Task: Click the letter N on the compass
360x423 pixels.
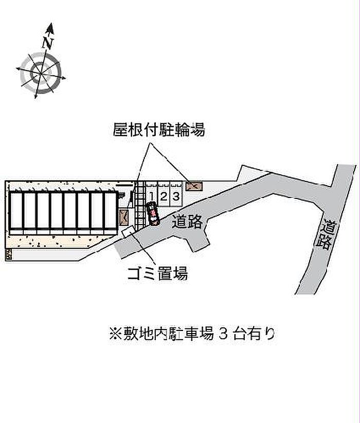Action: tap(48, 43)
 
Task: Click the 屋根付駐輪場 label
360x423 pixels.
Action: tap(159, 131)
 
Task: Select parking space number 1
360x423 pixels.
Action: tap(152, 196)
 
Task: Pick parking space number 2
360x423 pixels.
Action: tap(164, 196)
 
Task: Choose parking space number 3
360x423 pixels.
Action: tap(175, 196)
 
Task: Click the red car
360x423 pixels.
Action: tap(152, 214)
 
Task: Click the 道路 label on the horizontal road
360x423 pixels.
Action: tap(187, 222)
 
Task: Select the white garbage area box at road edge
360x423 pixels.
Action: tap(127, 232)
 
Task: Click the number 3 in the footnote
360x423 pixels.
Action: tap(223, 334)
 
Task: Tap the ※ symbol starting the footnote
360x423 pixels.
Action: tap(114, 334)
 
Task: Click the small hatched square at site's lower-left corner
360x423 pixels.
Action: tap(8, 254)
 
